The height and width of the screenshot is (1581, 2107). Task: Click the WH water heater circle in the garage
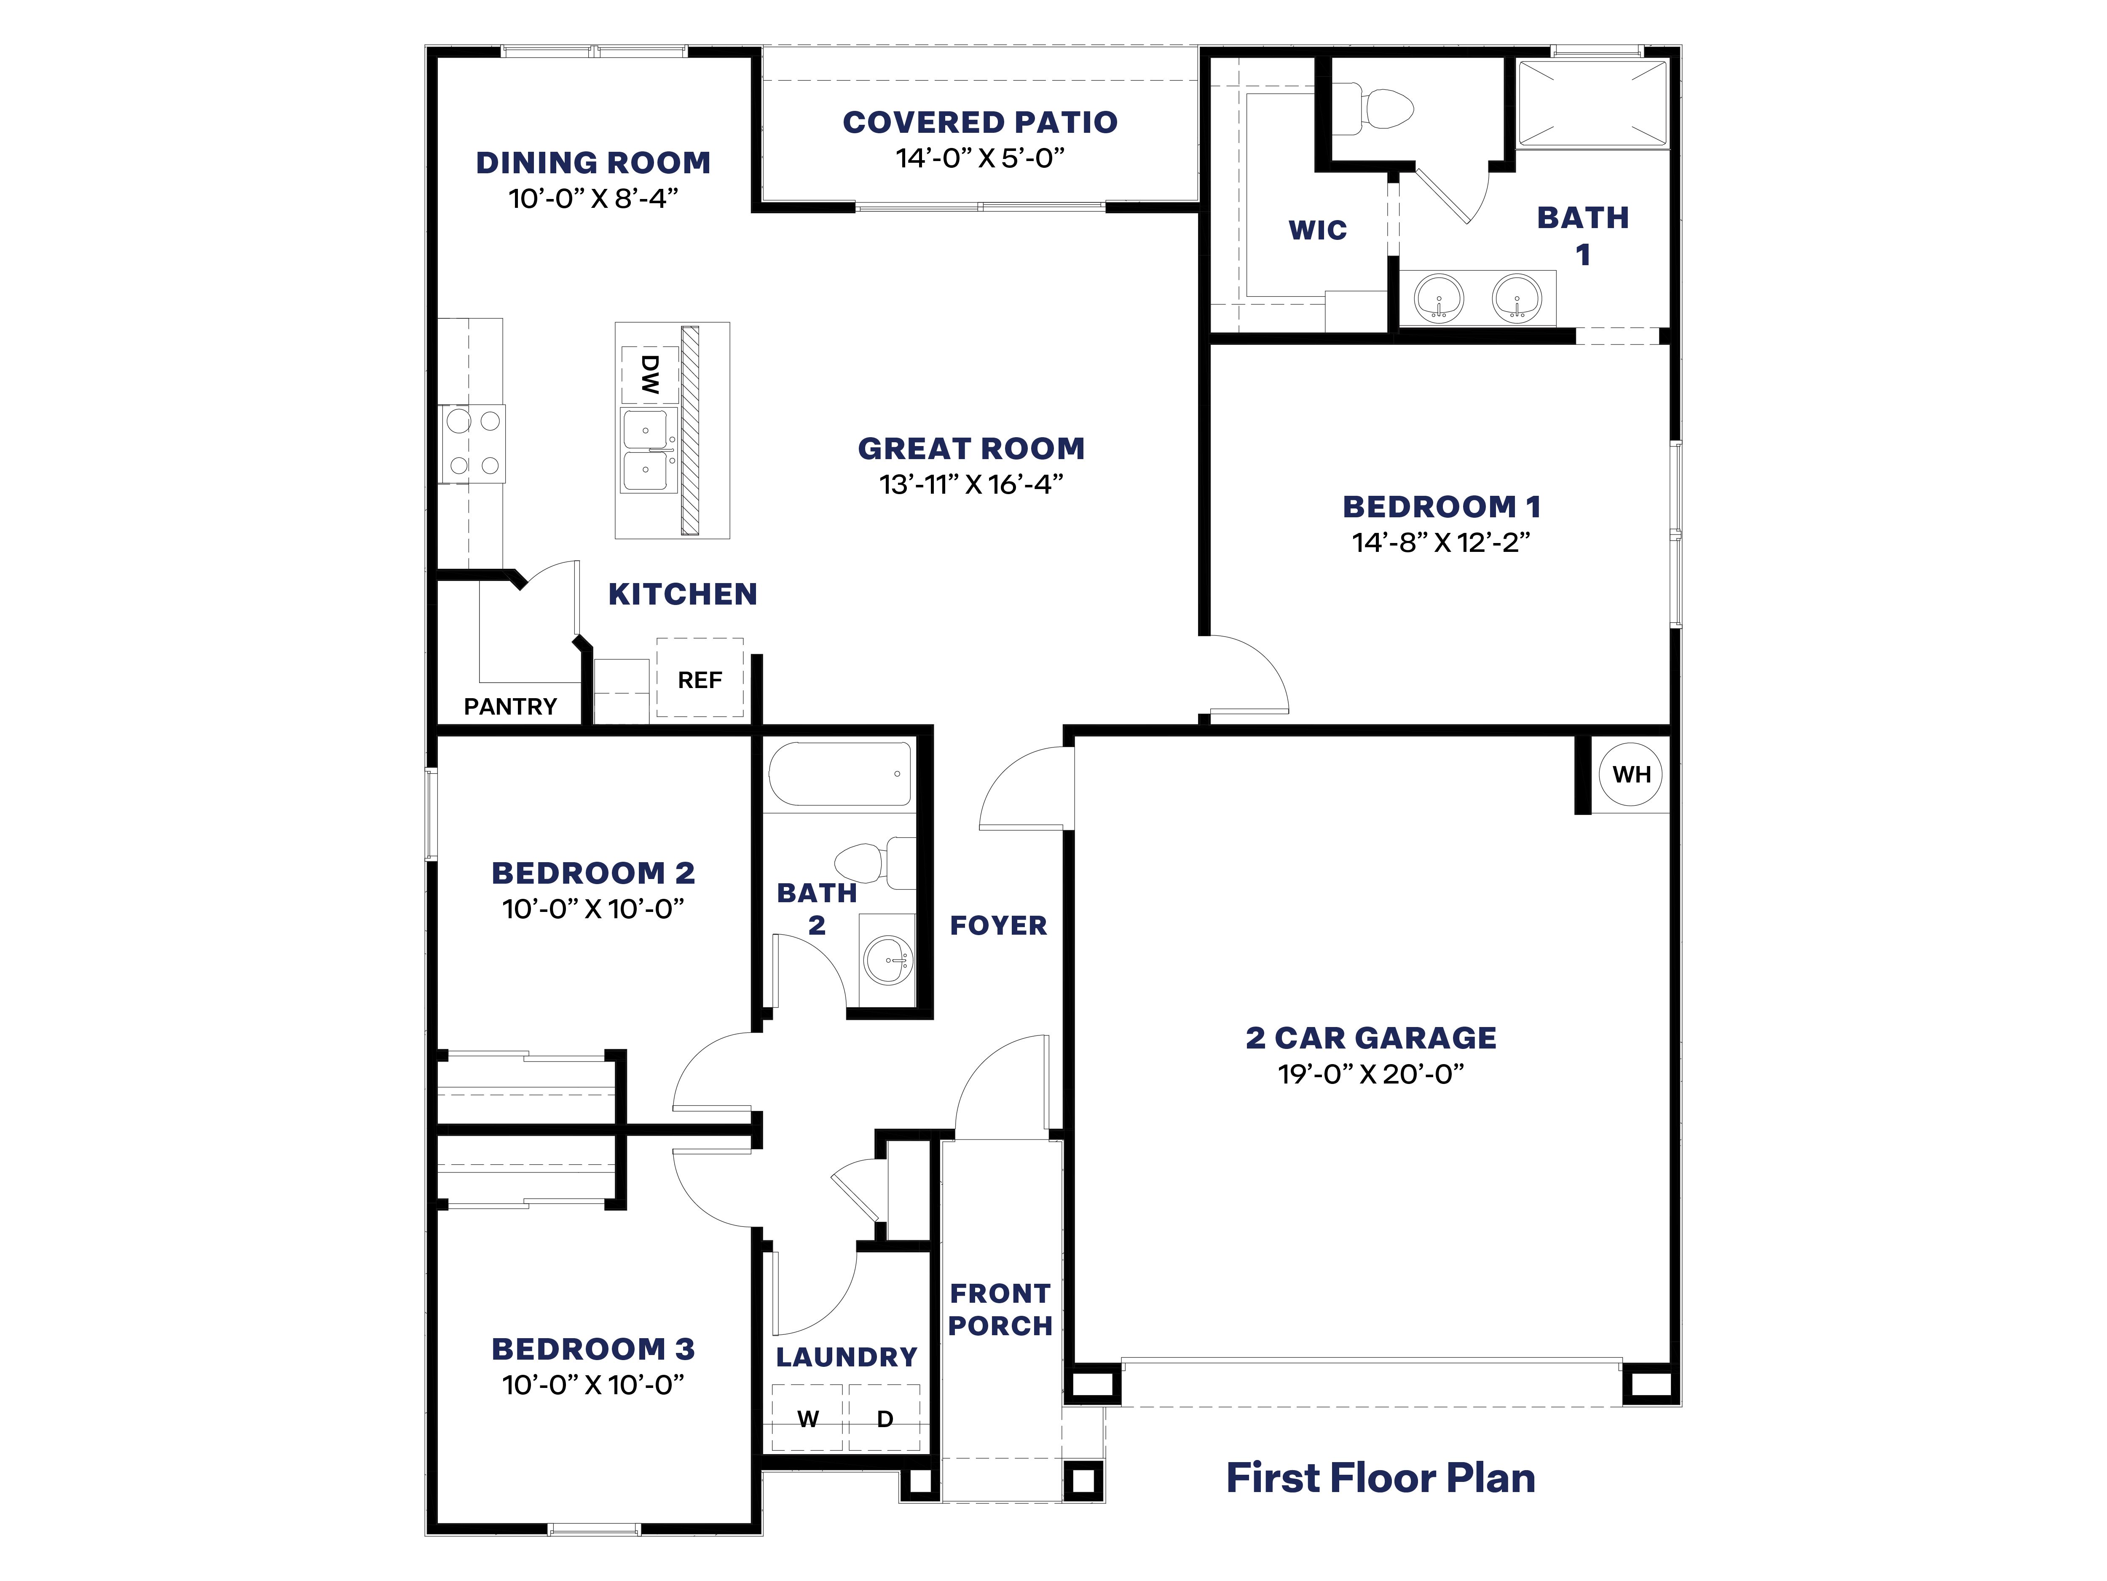click(1631, 774)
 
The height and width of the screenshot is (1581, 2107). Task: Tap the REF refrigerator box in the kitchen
click(700, 678)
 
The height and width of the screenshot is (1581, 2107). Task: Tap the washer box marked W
click(808, 1418)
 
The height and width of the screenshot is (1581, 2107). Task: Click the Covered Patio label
click(980, 122)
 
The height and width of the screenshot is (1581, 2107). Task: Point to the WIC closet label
click(1317, 230)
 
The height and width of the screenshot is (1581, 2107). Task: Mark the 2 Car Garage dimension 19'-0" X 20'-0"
click(1371, 1074)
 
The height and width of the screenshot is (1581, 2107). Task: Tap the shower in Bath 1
click(1592, 104)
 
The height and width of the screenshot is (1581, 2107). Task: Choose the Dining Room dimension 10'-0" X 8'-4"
click(592, 198)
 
